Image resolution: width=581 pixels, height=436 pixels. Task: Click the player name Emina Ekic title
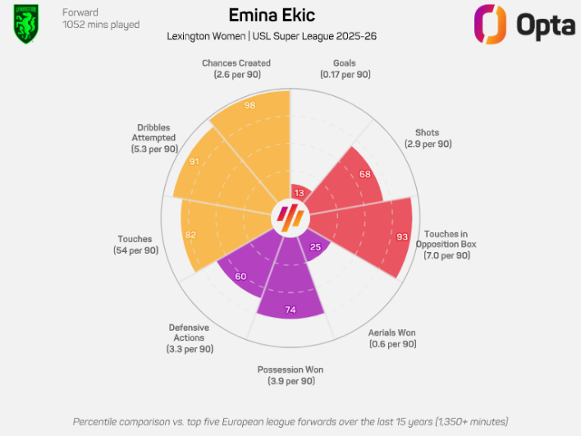pyautogui.click(x=271, y=16)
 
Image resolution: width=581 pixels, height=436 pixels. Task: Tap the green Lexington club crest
pyautogui.click(x=26, y=24)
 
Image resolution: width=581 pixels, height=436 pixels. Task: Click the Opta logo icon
pyautogui.click(x=491, y=24)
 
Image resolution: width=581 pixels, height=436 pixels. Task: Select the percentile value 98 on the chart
pyautogui.click(x=249, y=106)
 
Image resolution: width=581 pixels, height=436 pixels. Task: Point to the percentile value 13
pyautogui.click(x=299, y=194)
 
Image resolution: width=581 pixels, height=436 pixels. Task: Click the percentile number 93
pyautogui.click(x=401, y=237)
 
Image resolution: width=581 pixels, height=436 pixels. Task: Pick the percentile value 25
pyautogui.click(x=315, y=247)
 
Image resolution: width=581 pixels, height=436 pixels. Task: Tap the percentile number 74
pyautogui.click(x=290, y=310)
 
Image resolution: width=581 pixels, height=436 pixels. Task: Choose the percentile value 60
pyautogui.click(x=241, y=277)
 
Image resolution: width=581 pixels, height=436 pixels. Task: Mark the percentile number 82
pyautogui.click(x=190, y=235)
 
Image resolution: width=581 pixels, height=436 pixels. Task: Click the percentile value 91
pyautogui.click(x=194, y=162)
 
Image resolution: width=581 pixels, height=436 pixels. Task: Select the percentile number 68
pyautogui.click(x=364, y=174)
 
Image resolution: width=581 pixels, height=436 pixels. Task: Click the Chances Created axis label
pyautogui.click(x=236, y=69)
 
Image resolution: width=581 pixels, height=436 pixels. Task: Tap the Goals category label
pyautogui.click(x=345, y=69)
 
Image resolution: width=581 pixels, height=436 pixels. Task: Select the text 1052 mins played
pyautogui.click(x=101, y=25)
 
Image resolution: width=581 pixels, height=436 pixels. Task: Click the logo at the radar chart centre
pyautogui.click(x=290, y=218)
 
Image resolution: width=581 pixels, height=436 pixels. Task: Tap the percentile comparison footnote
pyautogui.click(x=290, y=421)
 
